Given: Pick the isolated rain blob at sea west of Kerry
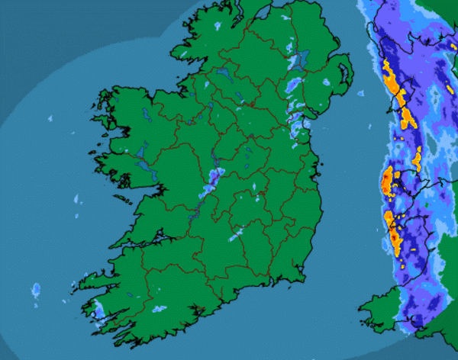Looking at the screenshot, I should click(36, 291).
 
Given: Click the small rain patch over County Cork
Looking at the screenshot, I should click(160, 309).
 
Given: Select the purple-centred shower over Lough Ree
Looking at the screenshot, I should click(213, 179).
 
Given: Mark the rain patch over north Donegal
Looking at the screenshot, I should click(217, 26).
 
